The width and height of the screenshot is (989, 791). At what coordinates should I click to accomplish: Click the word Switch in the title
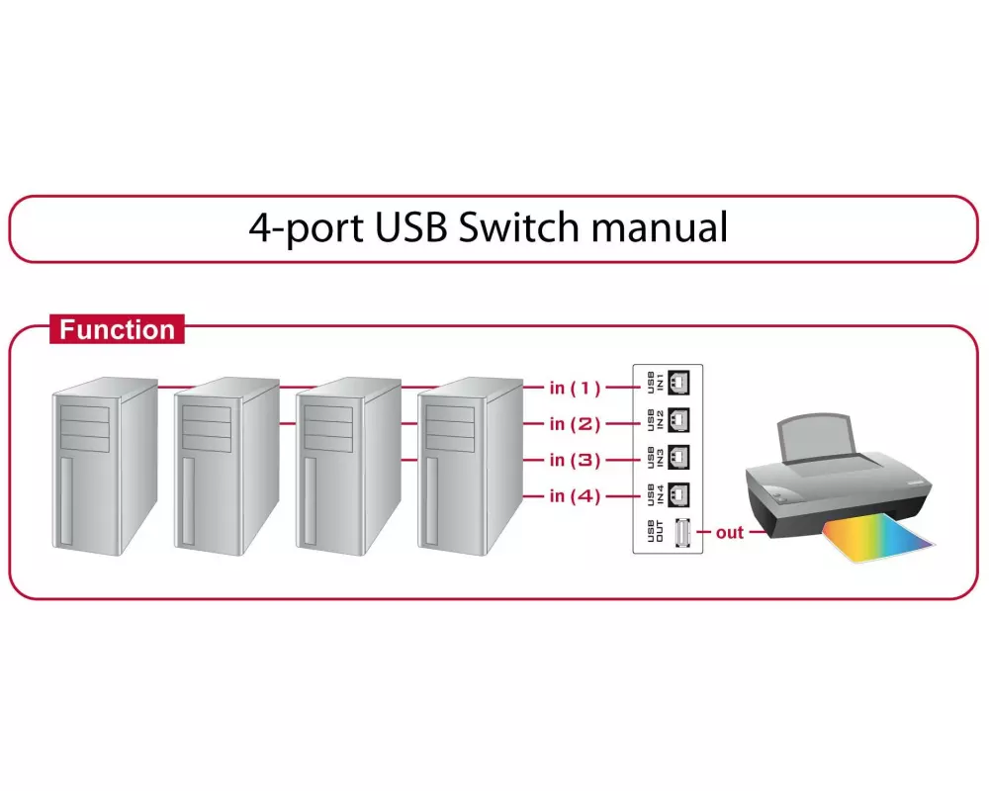click(518, 226)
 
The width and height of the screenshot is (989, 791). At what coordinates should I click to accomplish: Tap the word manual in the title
click(659, 226)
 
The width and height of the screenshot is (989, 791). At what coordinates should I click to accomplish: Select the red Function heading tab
click(117, 329)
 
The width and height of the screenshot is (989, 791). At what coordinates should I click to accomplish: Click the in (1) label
click(575, 388)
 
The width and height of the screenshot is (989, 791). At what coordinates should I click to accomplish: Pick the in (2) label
click(575, 424)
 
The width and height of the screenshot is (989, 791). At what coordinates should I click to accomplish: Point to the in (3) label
click(575, 460)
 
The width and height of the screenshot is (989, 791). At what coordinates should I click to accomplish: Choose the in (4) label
click(575, 496)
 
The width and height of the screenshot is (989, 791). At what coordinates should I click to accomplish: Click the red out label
click(730, 533)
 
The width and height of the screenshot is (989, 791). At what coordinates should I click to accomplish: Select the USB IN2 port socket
click(680, 419)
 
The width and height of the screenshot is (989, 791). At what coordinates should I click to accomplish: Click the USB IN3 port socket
click(680, 456)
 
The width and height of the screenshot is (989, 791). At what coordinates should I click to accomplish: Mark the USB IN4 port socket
click(680, 492)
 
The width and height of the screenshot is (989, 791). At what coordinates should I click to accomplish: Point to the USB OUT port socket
click(680, 533)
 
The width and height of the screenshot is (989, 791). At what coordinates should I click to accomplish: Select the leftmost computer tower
click(104, 465)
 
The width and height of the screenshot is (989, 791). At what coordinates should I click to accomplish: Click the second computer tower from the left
click(226, 465)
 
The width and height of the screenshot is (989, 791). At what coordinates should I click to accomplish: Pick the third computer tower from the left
click(349, 465)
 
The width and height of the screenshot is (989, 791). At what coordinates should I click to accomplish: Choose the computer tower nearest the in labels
click(470, 465)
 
